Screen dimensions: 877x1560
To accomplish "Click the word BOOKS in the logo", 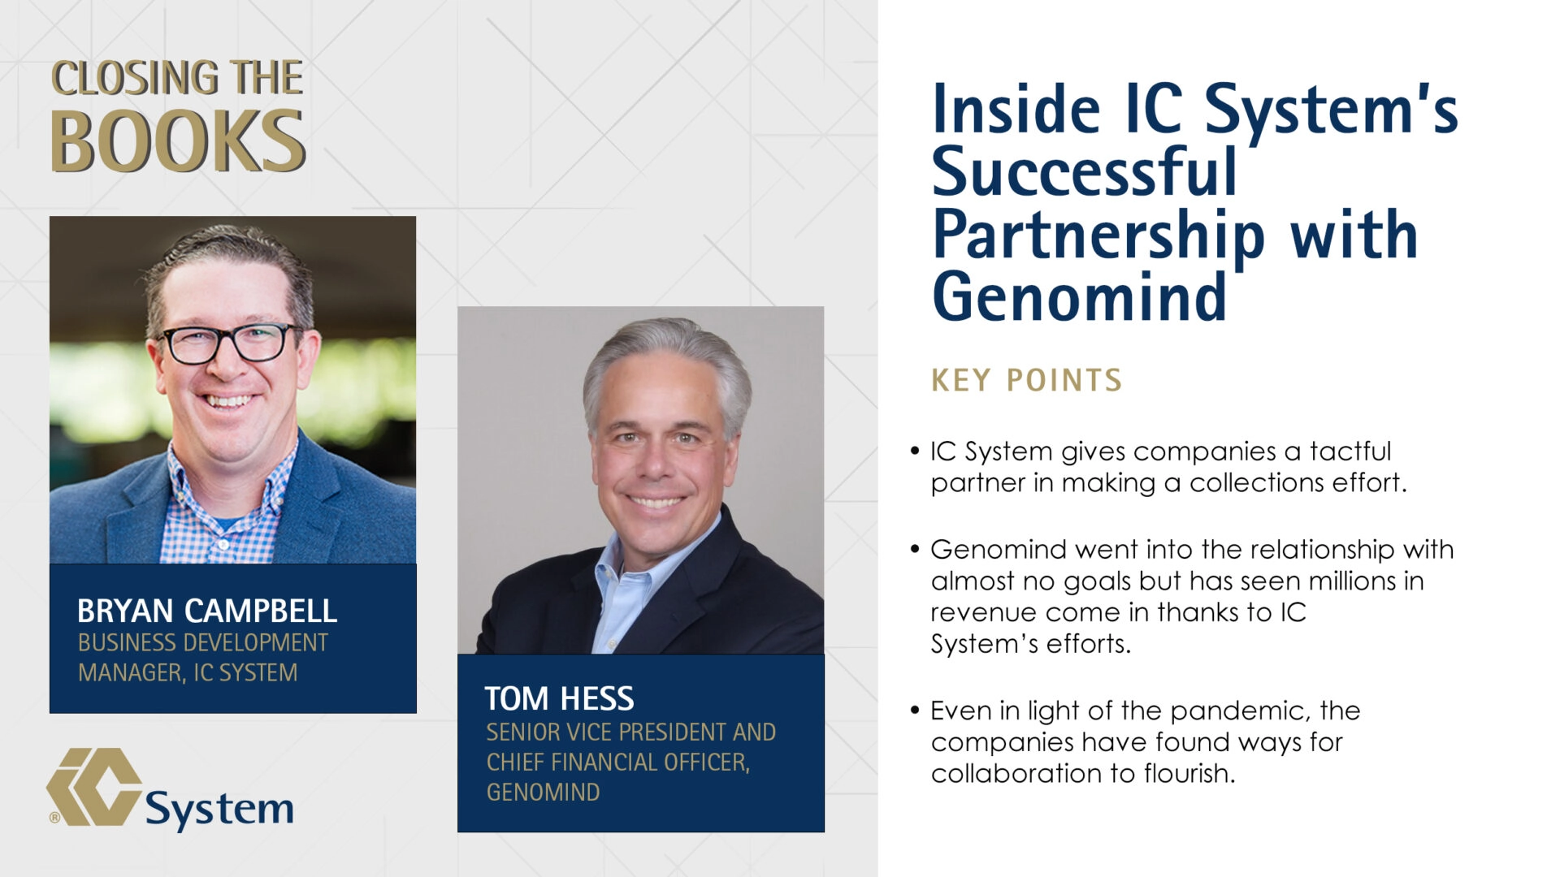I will point(177,142).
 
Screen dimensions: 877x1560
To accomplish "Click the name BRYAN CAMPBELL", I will point(206,611).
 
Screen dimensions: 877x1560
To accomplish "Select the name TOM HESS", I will point(559,698).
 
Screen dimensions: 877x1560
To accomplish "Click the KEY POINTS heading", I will point(1026,380).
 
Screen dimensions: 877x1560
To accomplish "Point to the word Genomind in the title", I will point(1078,297).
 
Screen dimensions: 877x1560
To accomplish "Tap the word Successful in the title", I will point(1084,172).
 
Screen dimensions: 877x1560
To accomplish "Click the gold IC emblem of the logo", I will point(94,786).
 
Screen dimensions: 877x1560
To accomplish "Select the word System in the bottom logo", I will point(219,809).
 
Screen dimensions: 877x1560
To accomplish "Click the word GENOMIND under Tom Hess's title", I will point(543,793).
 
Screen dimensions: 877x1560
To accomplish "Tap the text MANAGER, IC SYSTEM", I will point(188,673).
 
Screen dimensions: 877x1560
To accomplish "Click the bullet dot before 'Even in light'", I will point(915,711).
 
